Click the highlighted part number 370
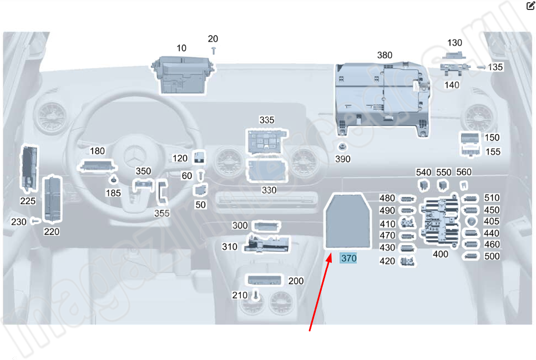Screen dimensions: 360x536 (349, 258)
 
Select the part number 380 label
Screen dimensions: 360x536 (385, 55)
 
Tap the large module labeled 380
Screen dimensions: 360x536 (382, 97)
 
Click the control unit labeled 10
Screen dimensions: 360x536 (181, 74)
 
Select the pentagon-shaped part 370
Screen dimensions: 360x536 (348, 221)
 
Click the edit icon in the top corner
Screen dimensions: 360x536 (530, 7)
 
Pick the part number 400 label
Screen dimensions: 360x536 (441, 253)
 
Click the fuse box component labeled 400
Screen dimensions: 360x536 (441, 220)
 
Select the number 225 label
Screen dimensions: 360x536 (28, 201)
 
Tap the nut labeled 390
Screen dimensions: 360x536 (343, 148)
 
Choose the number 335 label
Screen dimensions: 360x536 (267, 120)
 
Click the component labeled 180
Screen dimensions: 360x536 (98, 165)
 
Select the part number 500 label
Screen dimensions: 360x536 (492, 256)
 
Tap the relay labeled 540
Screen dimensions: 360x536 (423, 184)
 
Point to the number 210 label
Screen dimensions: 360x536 (240, 295)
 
